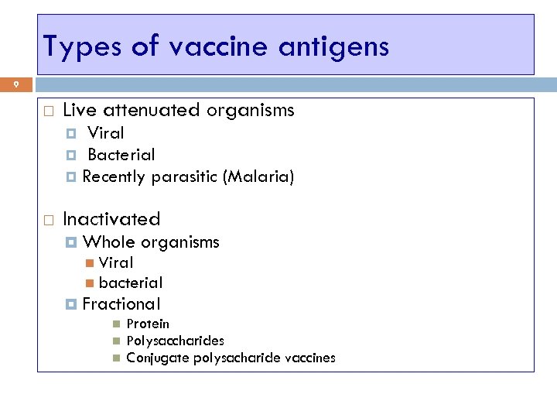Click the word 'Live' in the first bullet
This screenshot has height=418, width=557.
coord(80,111)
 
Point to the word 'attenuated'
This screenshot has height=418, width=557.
coord(155,111)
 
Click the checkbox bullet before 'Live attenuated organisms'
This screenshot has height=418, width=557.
coord(47,111)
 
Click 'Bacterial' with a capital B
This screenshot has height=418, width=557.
coord(121,155)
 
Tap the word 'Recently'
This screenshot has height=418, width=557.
coord(114,176)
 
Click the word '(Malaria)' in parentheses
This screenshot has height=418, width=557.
coord(258,176)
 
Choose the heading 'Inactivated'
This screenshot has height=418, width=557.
coord(111,219)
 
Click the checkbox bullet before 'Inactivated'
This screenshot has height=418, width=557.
coord(47,220)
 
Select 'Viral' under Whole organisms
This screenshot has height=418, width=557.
coord(116,263)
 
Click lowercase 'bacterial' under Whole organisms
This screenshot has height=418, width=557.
coord(131,283)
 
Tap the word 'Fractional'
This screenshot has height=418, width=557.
coord(121,303)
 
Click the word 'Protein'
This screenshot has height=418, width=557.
coord(148,324)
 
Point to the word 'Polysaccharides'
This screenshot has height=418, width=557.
coord(176,341)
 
